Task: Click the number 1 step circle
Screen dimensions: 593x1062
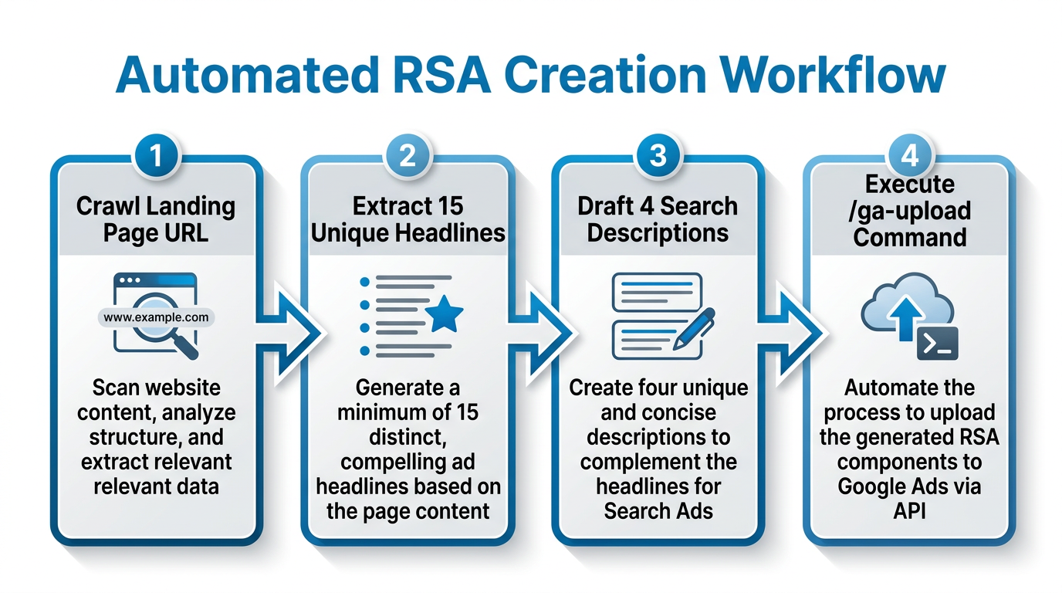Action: pos(157,156)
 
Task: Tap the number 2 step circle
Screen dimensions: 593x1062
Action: pos(408,156)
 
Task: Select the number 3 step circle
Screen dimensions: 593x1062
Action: pos(658,156)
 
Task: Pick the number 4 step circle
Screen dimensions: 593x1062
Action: pos(909,156)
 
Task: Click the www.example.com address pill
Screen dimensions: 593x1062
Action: pos(156,317)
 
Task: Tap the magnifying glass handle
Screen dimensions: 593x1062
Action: pos(186,348)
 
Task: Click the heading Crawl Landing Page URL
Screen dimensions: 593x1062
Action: pos(156,219)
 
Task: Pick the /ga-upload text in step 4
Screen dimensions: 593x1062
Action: pos(909,210)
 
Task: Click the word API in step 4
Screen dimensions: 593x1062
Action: pos(909,510)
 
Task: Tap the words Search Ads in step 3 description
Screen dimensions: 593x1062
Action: pos(658,510)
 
